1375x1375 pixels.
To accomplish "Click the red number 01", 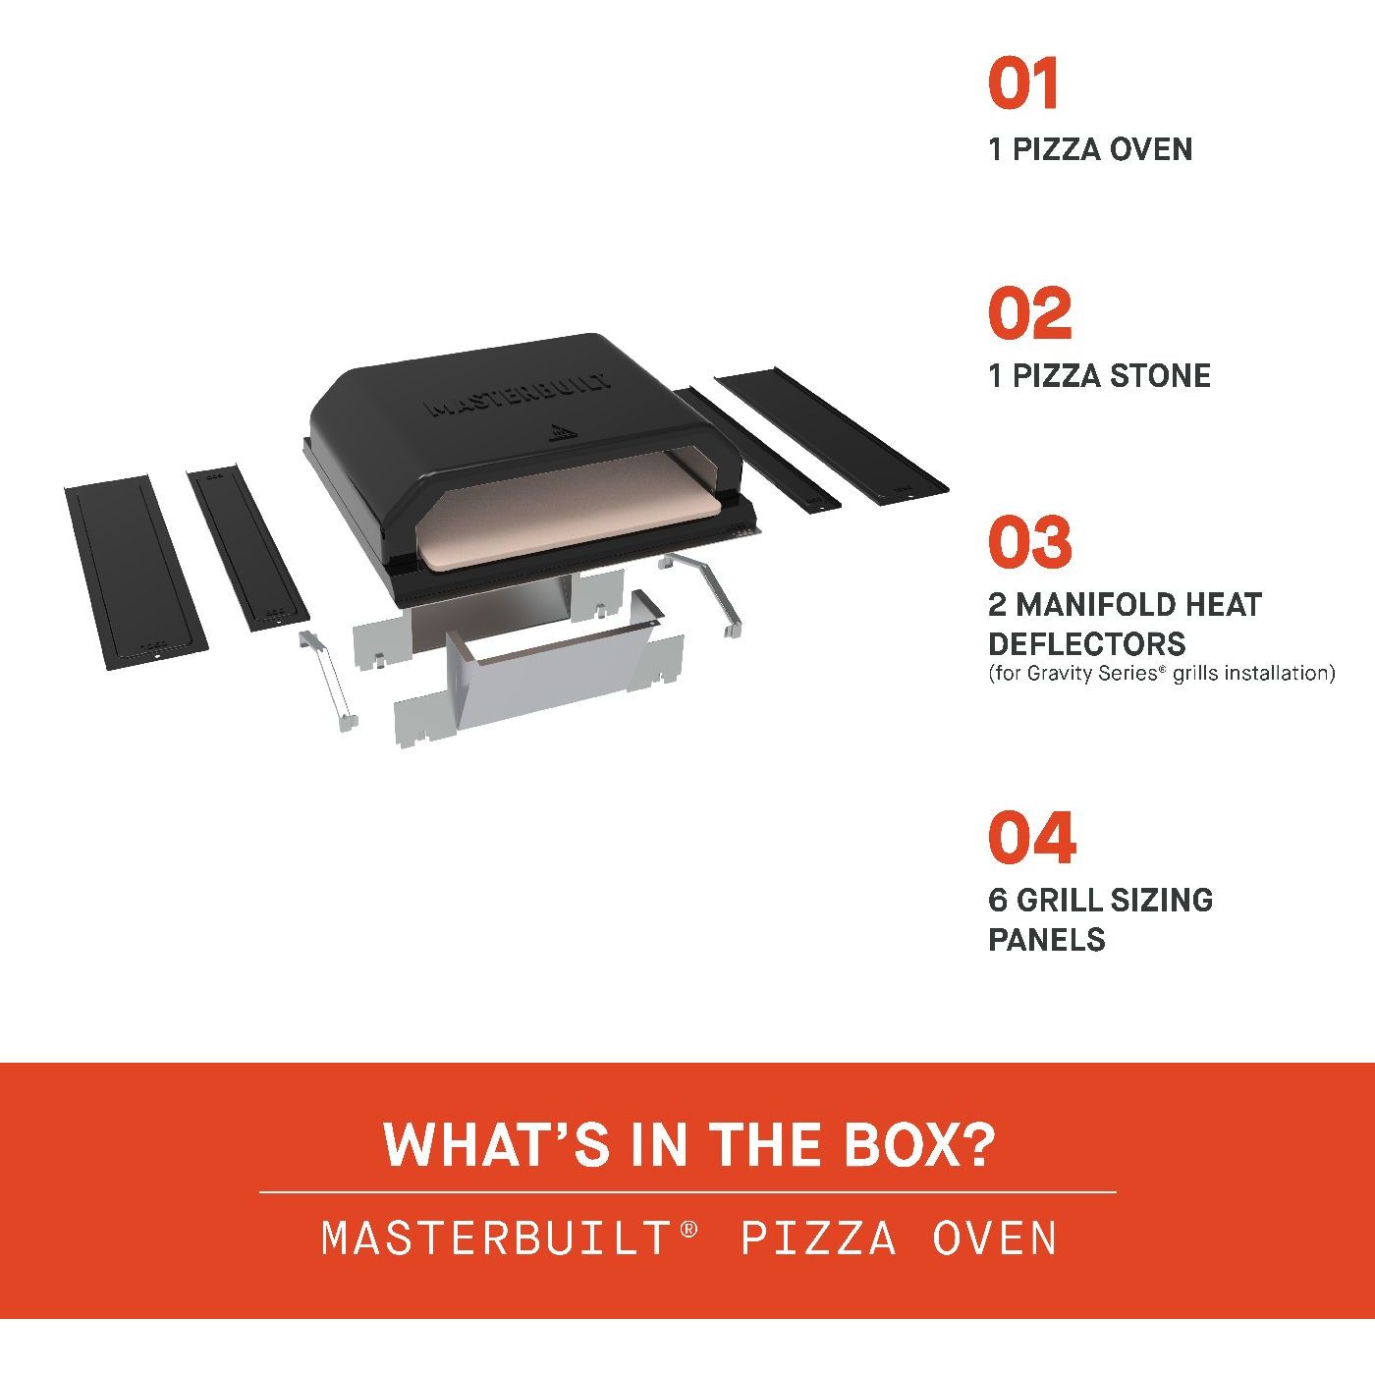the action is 1022,83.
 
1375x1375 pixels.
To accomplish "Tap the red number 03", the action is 1029,541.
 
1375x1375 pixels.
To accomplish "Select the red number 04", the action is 1032,837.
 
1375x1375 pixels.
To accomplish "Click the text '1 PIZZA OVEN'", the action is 1090,150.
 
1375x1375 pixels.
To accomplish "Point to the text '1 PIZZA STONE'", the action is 1100,376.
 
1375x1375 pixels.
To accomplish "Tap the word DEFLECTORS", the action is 1086,644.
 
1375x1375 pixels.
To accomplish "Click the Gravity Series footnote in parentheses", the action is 1162,674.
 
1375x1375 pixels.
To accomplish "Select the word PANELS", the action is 1047,940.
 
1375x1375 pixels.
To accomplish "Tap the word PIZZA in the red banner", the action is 818,1238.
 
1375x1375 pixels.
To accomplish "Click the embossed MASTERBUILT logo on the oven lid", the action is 519,395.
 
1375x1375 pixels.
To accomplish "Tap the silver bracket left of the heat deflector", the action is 327,681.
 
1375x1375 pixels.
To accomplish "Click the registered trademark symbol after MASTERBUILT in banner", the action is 688,1229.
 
